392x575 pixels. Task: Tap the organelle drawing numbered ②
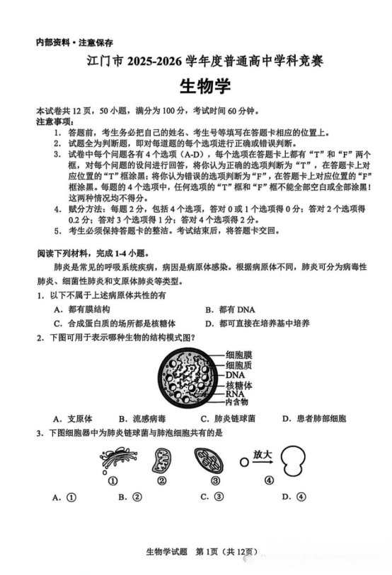[161, 463]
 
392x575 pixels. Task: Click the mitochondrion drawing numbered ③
[208, 463]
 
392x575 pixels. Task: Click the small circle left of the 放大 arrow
[244, 463]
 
